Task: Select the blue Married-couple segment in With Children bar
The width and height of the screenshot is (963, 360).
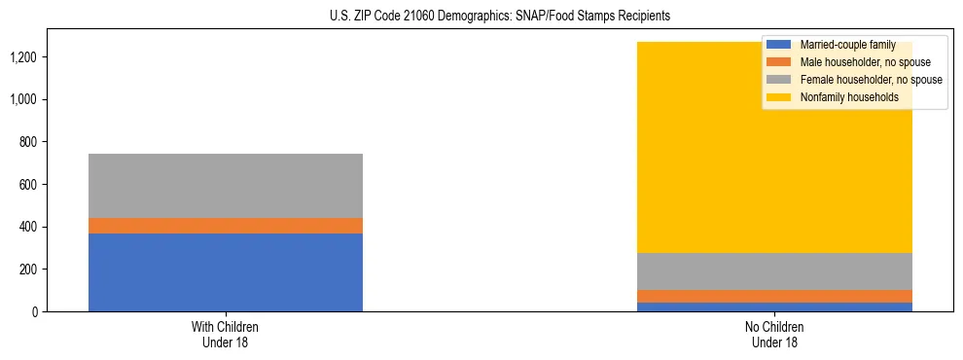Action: [226, 272]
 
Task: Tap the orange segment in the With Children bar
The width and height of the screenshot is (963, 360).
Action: [226, 226]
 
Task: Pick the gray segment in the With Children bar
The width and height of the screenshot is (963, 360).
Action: [226, 186]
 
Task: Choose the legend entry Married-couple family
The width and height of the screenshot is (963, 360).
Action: [847, 45]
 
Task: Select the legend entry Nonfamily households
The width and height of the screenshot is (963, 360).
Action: [848, 97]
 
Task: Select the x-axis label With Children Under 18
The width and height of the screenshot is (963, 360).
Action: [226, 335]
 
